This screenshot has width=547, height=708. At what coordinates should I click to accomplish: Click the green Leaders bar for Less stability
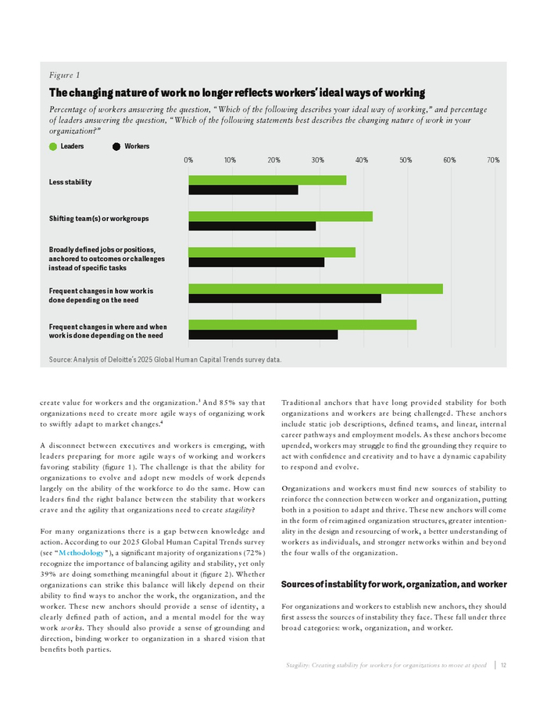click(266, 181)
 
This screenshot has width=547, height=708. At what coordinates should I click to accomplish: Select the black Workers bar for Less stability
click(243, 190)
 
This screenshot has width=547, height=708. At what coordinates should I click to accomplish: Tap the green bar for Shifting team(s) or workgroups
click(280, 216)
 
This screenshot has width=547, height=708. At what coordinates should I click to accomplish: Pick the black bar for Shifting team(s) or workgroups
click(252, 226)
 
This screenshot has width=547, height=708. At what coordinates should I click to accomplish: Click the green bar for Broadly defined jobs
click(271, 252)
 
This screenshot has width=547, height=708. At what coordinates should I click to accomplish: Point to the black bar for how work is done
click(284, 298)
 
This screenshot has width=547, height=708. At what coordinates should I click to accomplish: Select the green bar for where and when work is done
click(302, 324)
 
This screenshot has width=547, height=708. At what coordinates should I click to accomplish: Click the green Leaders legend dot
click(53, 146)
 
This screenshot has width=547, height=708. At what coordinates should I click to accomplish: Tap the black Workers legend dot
click(117, 146)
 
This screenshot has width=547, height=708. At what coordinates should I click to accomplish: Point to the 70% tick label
click(493, 160)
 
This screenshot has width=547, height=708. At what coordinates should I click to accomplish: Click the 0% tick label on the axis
click(189, 160)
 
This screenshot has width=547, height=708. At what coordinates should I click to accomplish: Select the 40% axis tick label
click(362, 160)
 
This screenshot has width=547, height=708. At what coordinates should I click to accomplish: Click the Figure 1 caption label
click(64, 75)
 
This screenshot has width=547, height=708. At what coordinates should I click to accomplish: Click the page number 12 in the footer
click(504, 665)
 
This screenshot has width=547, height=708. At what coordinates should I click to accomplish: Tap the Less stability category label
click(70, 182)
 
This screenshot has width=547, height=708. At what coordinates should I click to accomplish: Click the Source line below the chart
click(165, 359)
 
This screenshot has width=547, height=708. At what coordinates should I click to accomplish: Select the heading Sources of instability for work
click(394, 585)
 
